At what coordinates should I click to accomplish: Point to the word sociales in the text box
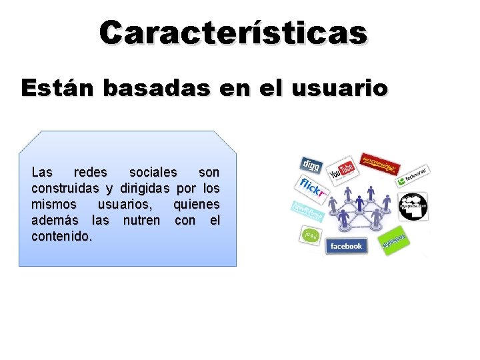(153, 173)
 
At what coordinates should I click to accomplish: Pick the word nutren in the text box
(142, 220)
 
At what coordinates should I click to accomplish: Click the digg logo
(312, 164)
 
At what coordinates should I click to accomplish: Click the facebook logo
(345, 246)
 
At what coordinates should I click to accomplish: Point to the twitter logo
(308, 211)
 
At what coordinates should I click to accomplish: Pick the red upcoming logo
(378, 162)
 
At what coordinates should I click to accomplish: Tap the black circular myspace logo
(413, 206)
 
